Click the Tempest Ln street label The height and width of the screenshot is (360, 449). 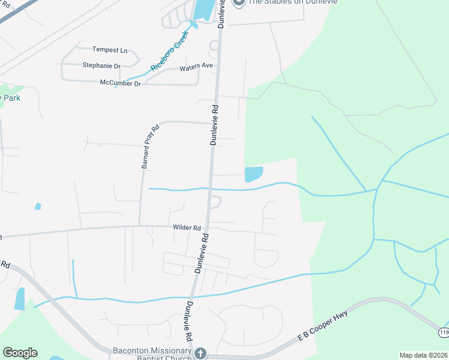110,50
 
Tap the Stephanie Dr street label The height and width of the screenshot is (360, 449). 101,65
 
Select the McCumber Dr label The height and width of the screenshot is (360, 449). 120,83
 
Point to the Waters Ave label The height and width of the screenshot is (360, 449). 196,68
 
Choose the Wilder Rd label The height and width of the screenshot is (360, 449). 186,228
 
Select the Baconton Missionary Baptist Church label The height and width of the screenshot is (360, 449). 152,353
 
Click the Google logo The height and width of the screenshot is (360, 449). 20,353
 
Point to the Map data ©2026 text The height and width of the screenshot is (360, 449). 423,355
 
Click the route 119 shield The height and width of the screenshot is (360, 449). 443,331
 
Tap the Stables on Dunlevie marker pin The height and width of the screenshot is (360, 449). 239,2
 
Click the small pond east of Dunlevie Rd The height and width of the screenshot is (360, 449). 253,174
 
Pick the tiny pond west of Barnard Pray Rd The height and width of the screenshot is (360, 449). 38,206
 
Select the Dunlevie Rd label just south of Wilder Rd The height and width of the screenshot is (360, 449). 200,254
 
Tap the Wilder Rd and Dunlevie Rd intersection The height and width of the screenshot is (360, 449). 206,227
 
